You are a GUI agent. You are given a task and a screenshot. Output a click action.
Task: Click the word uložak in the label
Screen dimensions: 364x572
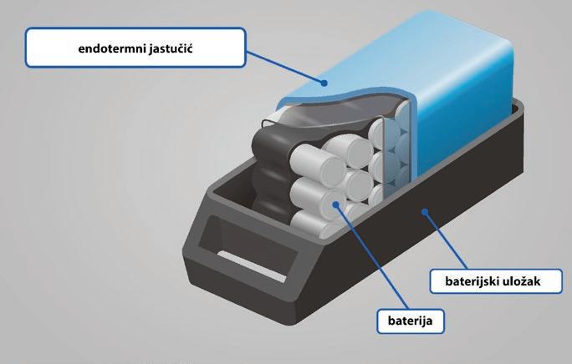click(519, 281)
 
